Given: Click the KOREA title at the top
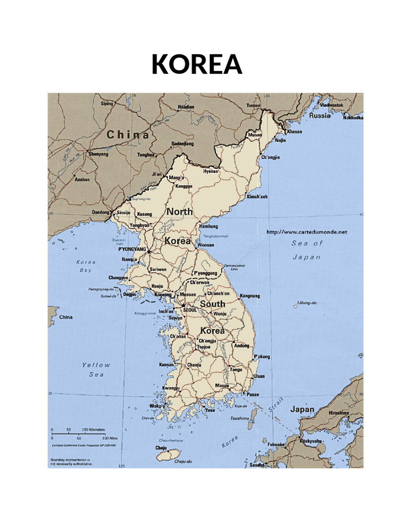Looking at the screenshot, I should pos(196,64).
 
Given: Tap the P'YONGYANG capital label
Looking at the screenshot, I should pos(132,249).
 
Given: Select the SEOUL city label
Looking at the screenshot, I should pos(190,310).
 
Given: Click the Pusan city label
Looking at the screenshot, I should pos(253,394).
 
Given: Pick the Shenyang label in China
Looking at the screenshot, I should pos(98,154).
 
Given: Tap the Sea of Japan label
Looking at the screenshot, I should pos(307,250).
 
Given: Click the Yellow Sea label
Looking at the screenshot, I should pos(96,370).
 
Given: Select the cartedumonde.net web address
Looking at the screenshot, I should pos(307,232).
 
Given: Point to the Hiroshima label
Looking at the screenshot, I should pos(339,412).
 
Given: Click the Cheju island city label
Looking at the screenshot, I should pos(161,448).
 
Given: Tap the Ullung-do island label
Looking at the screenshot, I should pos(307,303).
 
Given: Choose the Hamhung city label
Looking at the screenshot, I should pos(208,226).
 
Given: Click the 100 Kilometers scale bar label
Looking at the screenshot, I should pos(93,429).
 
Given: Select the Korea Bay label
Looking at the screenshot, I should pos(86,266).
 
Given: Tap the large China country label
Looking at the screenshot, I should pos(128,135).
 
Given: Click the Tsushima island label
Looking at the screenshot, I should pos(240,419).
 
